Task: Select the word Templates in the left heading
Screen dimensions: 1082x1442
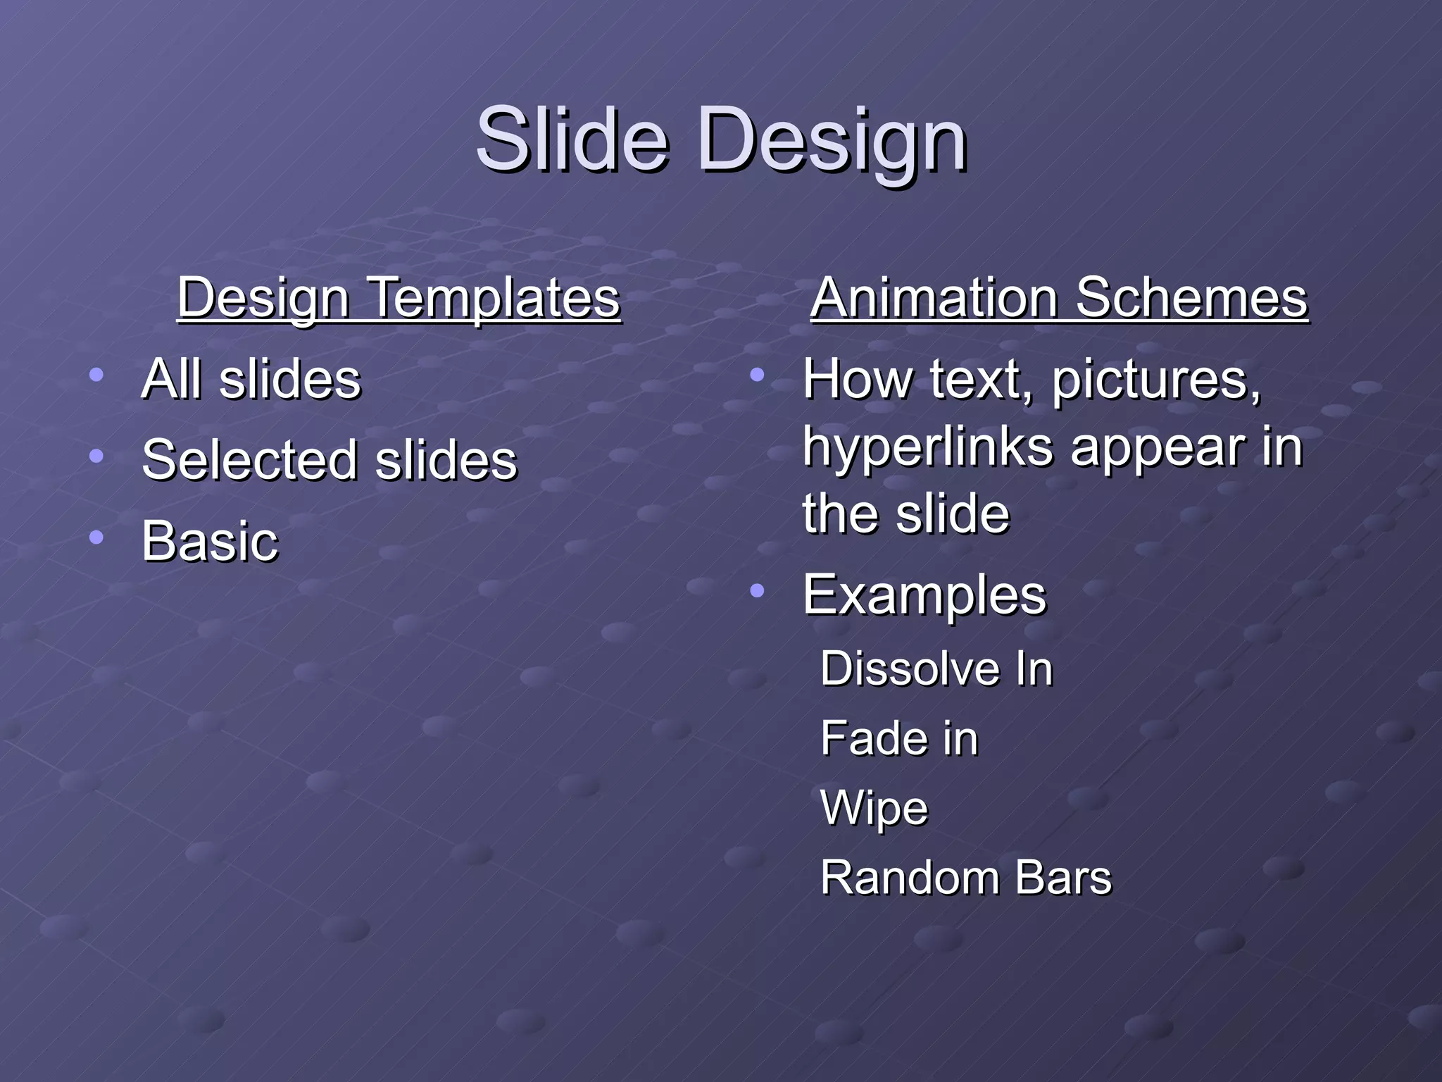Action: (494, 297)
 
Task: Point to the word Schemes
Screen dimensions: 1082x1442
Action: (1191, 297)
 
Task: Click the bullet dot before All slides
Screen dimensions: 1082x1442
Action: (96, 375)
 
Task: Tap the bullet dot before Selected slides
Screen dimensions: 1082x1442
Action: (96, 456)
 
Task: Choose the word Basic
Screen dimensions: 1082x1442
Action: (210, 541)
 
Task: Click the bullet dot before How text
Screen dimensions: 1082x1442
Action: (757, 375)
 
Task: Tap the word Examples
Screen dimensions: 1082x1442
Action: (924, 596)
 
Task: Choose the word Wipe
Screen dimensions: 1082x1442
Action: (874, 809)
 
